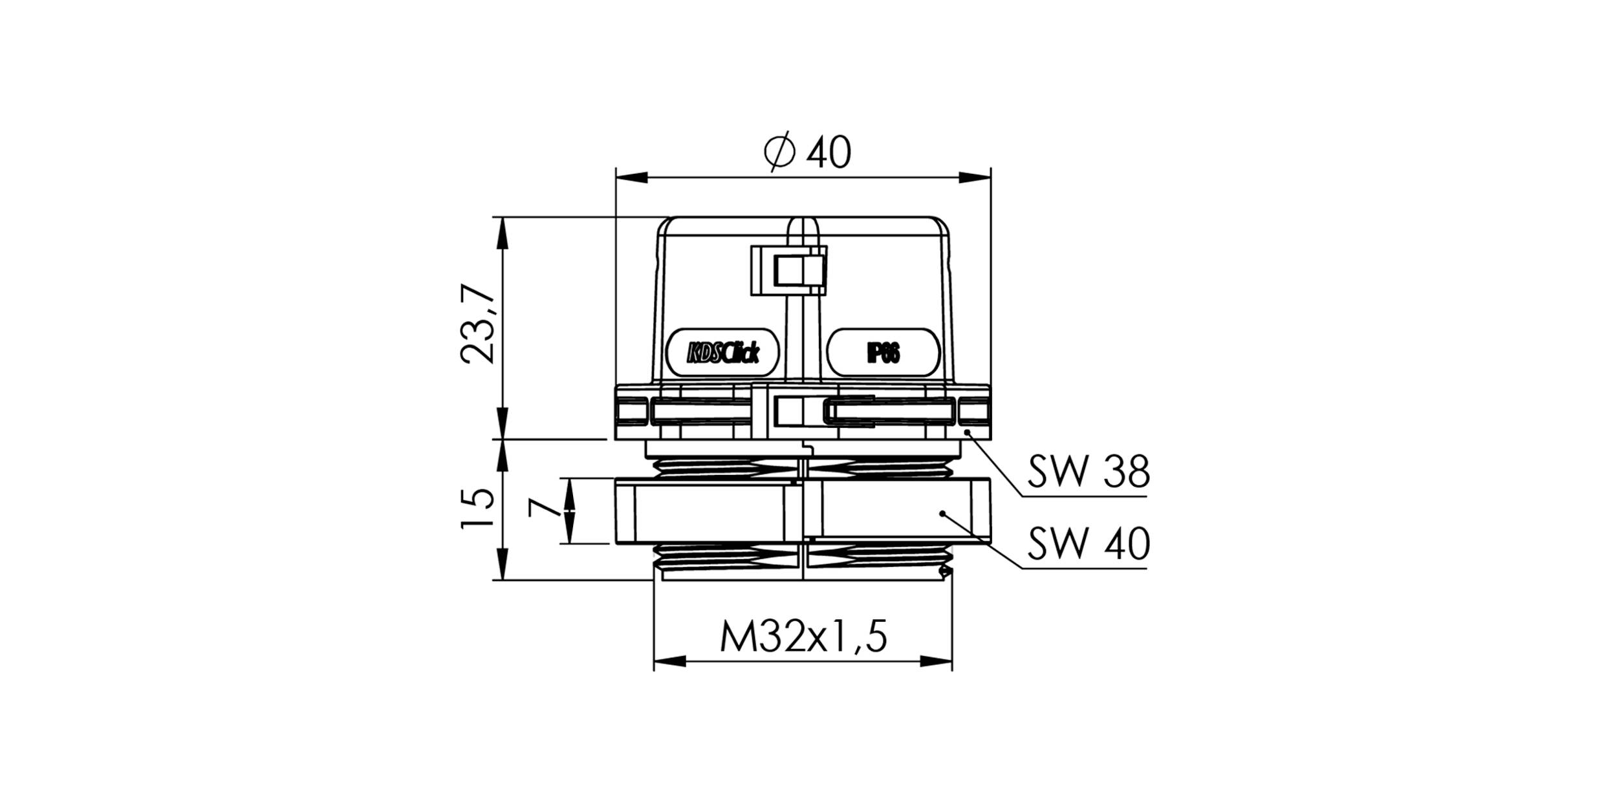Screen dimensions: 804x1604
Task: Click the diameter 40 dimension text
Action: coord(808,153)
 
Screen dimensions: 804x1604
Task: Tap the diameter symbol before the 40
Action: coord(779,153)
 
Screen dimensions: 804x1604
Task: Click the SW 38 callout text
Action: coord(1089,472)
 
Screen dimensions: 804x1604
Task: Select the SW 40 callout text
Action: coord(1089,543)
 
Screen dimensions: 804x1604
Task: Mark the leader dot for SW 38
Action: coord(968,432)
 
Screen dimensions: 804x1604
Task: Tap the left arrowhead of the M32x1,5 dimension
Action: coord(669,661)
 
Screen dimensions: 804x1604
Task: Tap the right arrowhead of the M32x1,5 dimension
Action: coord(937,661)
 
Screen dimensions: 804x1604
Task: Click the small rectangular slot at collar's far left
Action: coord(632,412)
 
